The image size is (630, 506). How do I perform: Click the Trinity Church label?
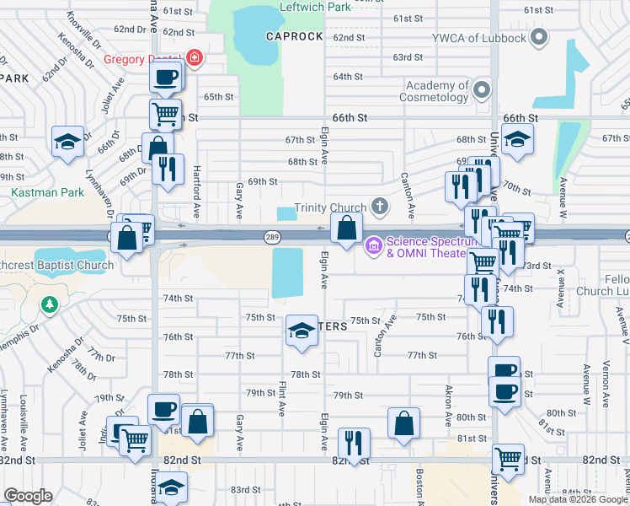[x=329, y=207]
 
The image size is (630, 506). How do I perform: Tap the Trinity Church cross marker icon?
[x=380, y=206]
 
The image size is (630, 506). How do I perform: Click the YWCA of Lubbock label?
[x=479, y=38]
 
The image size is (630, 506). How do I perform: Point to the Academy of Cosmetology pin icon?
[x=482, y=90]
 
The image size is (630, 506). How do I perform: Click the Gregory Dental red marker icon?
[x=195, y=58]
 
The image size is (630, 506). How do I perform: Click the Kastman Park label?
[x=36, y=192]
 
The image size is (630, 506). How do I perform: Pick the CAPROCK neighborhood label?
[x=294, y=37]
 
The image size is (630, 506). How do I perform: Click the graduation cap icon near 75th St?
[x=301, y=330]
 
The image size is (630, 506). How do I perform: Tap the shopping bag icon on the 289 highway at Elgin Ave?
[x=347, y=227]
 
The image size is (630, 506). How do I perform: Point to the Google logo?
[x=28, y=496]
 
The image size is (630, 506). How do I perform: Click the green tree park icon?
[x=49, y=304]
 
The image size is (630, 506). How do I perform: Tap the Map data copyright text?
[x=578, y=499]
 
